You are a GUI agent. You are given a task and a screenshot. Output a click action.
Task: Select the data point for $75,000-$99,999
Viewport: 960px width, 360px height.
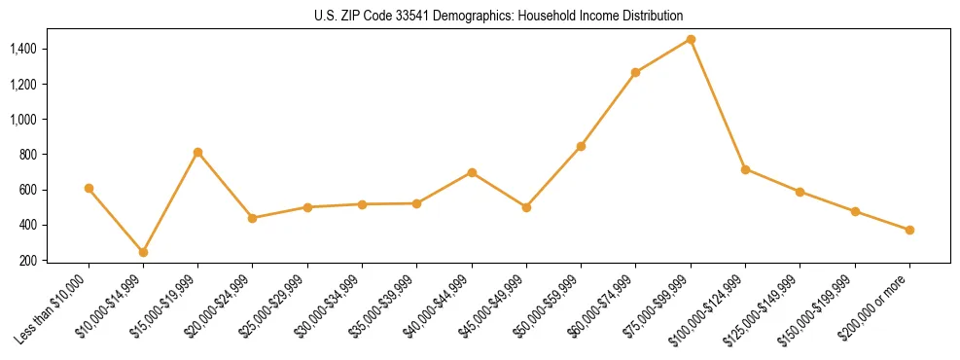coord(691,39)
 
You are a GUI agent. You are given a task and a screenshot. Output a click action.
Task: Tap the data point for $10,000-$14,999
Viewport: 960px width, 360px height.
coord(143,252)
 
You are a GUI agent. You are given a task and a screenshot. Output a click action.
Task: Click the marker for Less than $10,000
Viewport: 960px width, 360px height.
coord(89,188)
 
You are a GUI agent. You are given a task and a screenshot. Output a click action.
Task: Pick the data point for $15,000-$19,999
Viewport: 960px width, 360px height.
coord(197,152)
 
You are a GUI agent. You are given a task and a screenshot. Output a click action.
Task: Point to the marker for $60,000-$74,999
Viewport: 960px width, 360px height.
coord(635,72)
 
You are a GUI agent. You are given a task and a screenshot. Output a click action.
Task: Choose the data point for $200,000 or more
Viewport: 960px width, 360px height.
coord(909,230)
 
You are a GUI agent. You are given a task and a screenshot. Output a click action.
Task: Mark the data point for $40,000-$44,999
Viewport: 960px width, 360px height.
coord(472,172)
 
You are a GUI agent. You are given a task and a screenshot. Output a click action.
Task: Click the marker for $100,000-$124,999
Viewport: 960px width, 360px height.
coord(745,169)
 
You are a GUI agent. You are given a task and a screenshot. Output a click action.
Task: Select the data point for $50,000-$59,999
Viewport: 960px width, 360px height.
coord(581,146)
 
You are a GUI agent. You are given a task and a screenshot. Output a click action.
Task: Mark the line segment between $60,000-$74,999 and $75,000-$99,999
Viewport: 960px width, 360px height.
coord(663,55)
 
